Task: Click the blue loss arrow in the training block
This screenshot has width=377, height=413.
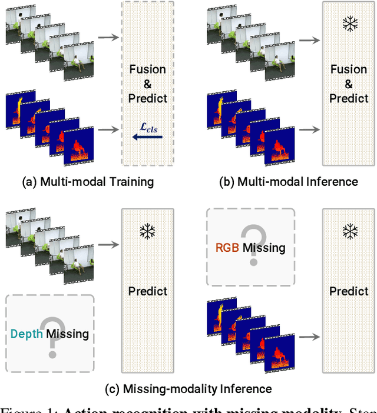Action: click(x=147, y=137)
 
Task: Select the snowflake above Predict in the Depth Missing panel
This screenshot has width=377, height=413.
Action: click(x=148, y=232)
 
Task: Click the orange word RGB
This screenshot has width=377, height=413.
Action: click(x=227, y=248)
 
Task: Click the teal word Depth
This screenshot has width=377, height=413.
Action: click(x=27, y=334)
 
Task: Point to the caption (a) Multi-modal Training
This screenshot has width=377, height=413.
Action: click(x=88, y=182)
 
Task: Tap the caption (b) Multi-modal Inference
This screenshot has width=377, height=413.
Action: click(x=289, y=182)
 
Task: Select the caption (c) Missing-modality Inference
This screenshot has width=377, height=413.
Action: click(x=188, y=389)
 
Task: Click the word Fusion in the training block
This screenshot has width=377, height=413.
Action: click(x=148, y=70)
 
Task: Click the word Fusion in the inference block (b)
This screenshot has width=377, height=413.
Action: click(x=349, y=70)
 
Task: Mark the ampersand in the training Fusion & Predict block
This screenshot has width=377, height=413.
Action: click(x=148, y=84)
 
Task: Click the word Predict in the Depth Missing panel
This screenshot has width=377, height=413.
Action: click(x=148, y=291)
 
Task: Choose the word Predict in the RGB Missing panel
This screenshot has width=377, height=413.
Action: click(x=349, y=291)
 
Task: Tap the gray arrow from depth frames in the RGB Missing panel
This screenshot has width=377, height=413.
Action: click(x=309, y=337)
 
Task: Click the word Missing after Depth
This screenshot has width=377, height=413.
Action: click(x=68, y=334)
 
